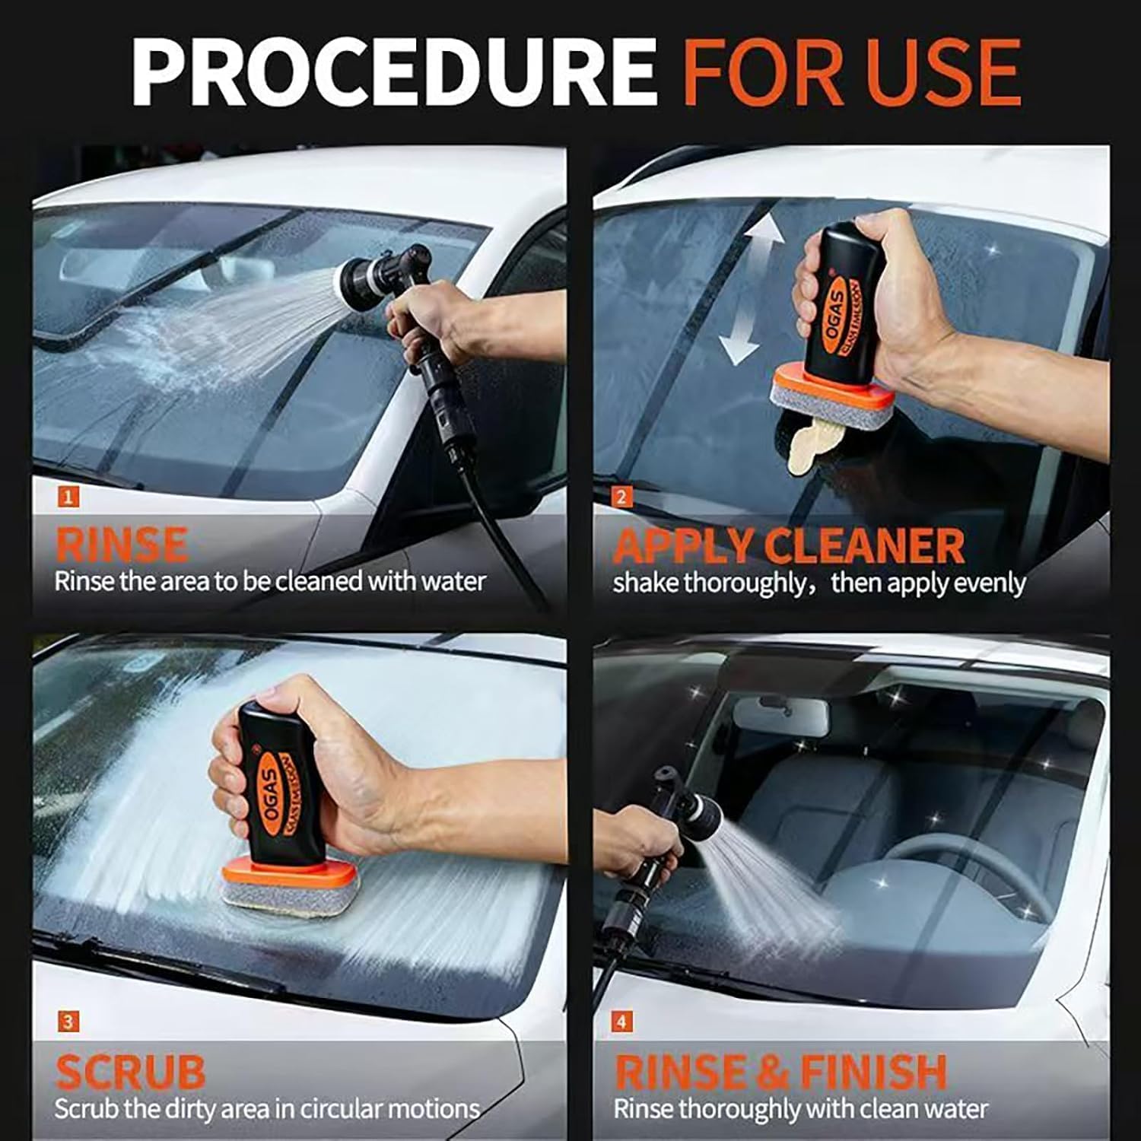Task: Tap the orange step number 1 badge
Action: pos(68,497)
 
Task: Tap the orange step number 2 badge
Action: pos(621,497)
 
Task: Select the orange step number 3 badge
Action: pos(68,1022)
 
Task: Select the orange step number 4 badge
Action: pos(621,1022)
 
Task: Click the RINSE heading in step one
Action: pos(121,544)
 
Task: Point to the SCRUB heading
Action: pos(130,1071)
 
